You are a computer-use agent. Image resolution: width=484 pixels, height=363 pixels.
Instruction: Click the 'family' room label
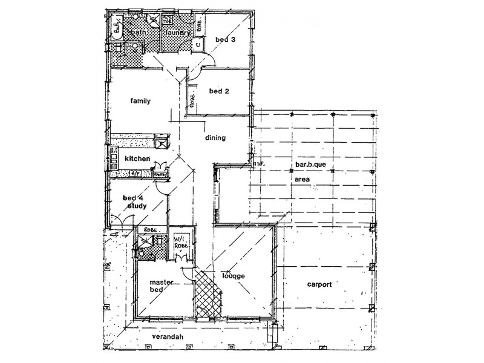coord(140,101)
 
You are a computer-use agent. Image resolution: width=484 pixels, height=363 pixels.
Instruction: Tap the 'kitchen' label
coord(137,159)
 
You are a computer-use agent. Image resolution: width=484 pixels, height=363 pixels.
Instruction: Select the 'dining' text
coord(215,138)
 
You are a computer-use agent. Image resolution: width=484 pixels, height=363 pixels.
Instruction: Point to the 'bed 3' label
coord(224,39)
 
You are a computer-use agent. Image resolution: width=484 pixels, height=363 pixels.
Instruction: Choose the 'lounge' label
coord(233,276)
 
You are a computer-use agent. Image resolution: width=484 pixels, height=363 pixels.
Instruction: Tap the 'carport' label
coord(319,284)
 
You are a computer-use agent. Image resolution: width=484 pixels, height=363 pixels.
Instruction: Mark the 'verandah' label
coord(168,336)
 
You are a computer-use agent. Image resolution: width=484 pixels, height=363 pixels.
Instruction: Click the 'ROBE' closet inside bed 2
coord(192,100)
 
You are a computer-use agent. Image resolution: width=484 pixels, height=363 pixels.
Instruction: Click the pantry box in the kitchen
coord(160,174)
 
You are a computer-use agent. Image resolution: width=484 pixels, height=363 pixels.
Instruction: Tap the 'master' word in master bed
coord(158,282)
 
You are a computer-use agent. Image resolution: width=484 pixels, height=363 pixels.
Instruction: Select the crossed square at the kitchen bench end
coord(162,142)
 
